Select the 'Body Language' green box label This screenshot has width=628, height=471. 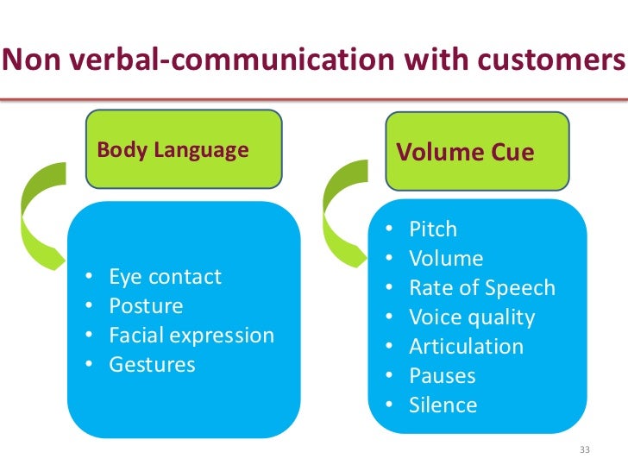173,150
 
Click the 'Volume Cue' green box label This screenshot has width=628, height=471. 464,153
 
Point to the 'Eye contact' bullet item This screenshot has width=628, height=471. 165,277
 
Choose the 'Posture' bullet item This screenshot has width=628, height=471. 146,306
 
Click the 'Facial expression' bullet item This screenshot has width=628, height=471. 191,336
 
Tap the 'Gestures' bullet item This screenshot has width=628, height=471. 152,365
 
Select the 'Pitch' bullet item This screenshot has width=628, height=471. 433,229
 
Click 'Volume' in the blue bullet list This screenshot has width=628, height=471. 446,259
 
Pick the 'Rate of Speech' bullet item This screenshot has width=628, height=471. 481,288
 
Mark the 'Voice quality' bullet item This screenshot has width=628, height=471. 472,317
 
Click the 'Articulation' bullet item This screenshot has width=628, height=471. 466,347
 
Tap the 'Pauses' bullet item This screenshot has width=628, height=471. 443,376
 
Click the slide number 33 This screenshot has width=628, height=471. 585,450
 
